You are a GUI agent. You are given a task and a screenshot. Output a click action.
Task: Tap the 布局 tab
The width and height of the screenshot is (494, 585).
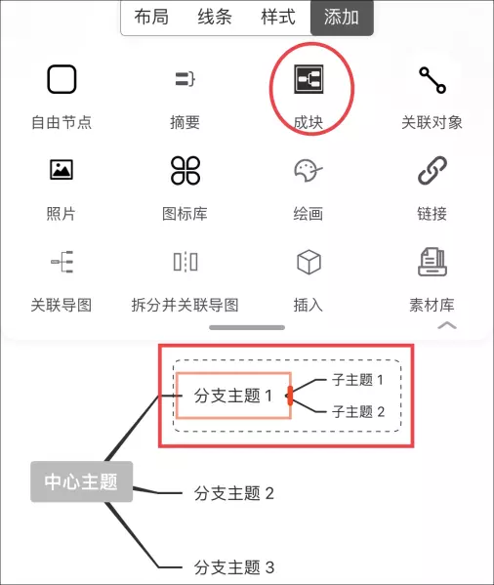click(x=151, y=18)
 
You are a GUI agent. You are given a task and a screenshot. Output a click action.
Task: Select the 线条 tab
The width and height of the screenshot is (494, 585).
click(x=215, y=18)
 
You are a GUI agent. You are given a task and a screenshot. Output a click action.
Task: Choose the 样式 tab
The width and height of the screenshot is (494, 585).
click(x=278, y=18)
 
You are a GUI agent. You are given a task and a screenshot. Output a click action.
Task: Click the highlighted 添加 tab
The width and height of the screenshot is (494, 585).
click(x=342, y=18)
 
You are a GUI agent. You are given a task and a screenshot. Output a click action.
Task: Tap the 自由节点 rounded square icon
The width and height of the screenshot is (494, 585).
click(x=62, y=79)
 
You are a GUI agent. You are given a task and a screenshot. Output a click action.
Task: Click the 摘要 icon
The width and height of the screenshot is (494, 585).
click(x=185, y=79)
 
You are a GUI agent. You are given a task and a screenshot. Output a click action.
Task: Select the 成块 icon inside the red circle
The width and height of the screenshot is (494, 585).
click(x=309, y=79)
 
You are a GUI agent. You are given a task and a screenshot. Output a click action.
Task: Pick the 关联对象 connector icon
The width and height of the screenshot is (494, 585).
click(x=432, y=80)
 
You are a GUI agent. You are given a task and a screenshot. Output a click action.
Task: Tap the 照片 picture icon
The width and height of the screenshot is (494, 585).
click(x=62, y=170)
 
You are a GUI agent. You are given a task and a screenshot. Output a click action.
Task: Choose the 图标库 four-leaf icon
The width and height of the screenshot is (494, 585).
click(x=185, y=171)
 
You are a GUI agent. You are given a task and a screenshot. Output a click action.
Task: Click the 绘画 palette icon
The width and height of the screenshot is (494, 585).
click(x=309, y=171)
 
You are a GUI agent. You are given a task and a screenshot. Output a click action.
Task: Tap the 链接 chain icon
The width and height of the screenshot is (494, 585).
click(x=432, y=170)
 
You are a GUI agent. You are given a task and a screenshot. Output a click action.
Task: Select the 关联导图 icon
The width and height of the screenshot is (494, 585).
click(x=62, y=262)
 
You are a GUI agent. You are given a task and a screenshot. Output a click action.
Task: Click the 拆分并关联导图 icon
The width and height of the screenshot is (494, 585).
click(x=185, y=262)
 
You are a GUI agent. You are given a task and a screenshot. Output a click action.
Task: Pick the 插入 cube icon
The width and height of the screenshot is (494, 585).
click(x=309, y=263)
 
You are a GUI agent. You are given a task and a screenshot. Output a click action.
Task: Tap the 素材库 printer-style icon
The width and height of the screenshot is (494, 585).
click(x=432, y=262)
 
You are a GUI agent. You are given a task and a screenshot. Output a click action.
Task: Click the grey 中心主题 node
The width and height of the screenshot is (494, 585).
click(x=82, y=481)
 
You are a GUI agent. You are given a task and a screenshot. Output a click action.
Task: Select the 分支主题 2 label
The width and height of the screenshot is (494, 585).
click(x=234, y=493)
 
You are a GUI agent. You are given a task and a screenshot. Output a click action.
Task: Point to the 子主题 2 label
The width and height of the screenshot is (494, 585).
click(x=358, y=412)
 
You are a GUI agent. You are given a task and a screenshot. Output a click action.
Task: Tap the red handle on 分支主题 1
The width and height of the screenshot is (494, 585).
click(x=290, y=396)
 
